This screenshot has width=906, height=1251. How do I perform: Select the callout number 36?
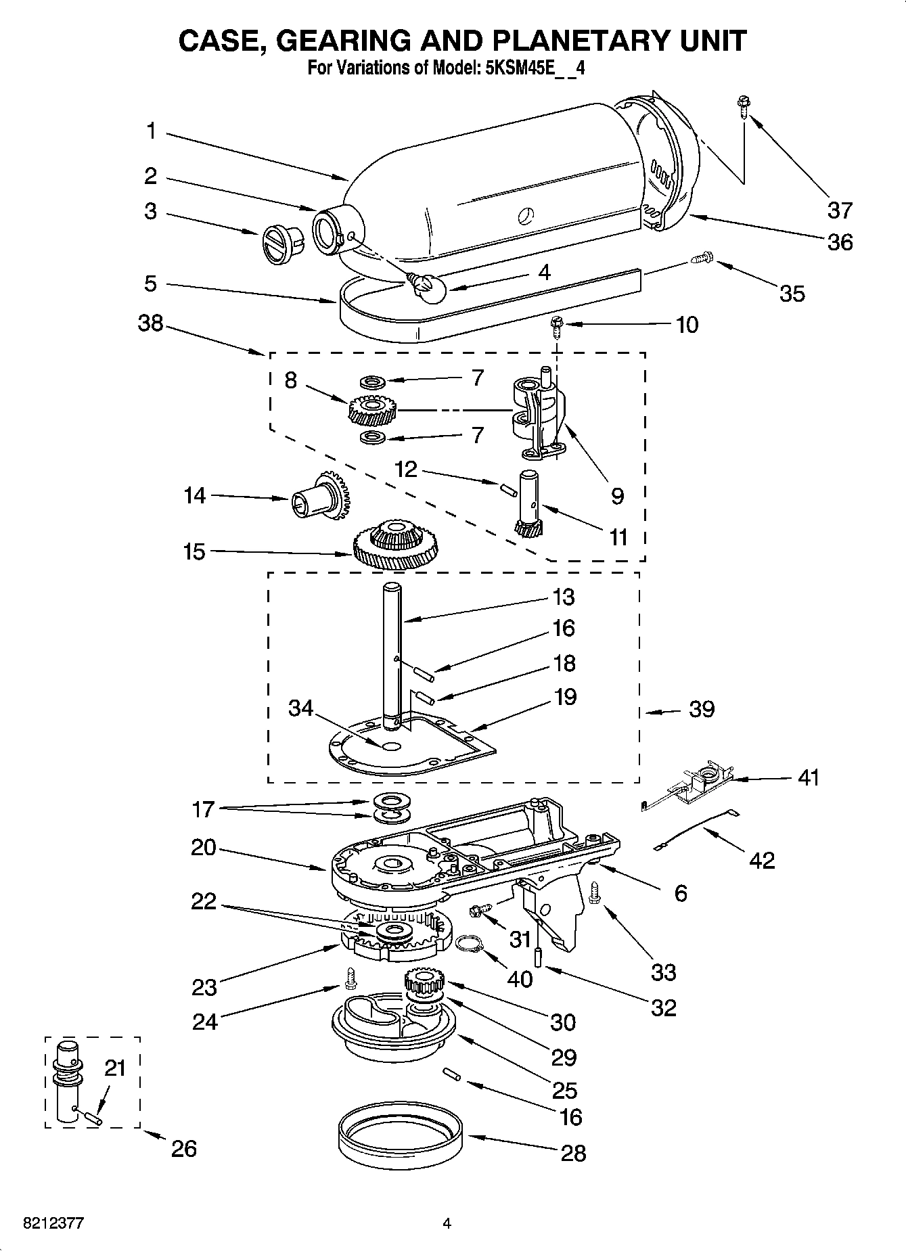[840, 242]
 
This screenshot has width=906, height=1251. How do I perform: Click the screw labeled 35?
[702, 258]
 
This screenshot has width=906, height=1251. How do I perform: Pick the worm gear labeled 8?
[372, 408]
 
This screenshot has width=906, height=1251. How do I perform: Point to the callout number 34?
[301, 708]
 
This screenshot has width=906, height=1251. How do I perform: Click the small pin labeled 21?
[92, 1117]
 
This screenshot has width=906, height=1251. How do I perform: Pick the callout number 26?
[183, 1148]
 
